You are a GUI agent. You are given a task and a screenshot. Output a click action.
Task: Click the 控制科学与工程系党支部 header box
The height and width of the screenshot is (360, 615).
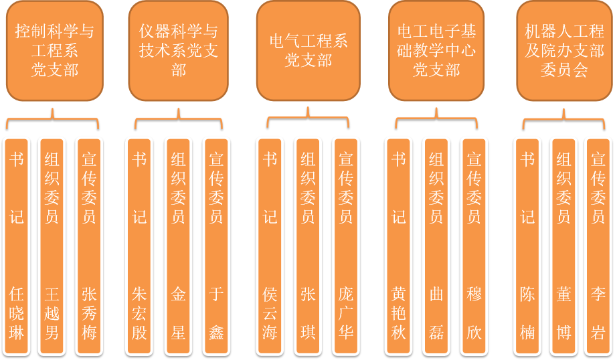[55, 51]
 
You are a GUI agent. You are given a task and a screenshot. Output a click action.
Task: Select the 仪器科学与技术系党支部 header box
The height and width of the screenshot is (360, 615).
[179, 51]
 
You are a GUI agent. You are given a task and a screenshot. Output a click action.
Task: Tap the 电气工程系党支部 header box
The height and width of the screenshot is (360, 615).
[309, 51]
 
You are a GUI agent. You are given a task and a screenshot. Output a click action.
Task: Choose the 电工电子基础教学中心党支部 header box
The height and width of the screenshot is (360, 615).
[436, 51]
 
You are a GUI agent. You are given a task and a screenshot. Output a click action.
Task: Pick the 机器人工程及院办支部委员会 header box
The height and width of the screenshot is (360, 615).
[565, 51]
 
